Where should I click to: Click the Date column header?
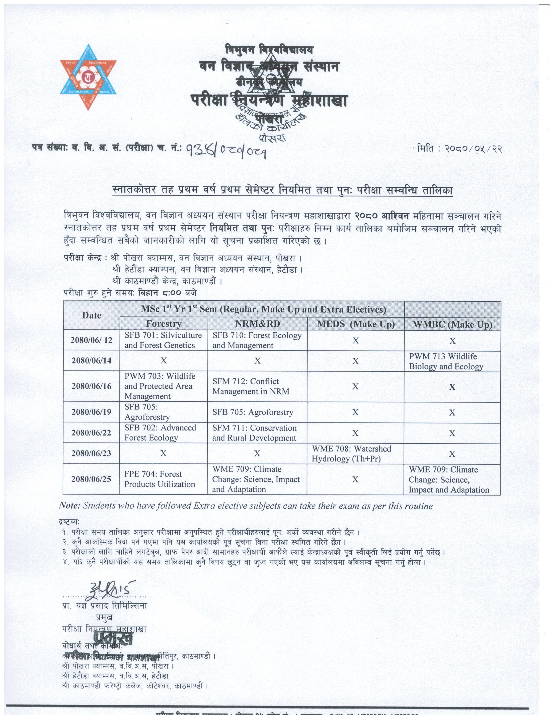(92, 315)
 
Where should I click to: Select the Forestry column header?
(163, 324)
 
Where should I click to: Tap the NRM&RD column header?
(257, 324)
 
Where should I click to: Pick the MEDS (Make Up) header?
(356, 324)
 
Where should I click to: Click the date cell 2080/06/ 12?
(92, 340)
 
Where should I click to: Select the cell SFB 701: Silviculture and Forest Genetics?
(163, 340)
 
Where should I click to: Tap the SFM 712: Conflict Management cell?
(251, 386)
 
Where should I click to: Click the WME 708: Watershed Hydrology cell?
(351, 454)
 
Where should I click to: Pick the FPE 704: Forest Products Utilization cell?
(160, 479)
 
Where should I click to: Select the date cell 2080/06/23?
(92, 453)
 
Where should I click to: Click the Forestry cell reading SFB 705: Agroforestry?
(147, 412)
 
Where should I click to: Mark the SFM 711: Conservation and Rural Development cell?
(254, 433)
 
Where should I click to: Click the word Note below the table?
(70, 506)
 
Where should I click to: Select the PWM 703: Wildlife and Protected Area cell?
(160, 386)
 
